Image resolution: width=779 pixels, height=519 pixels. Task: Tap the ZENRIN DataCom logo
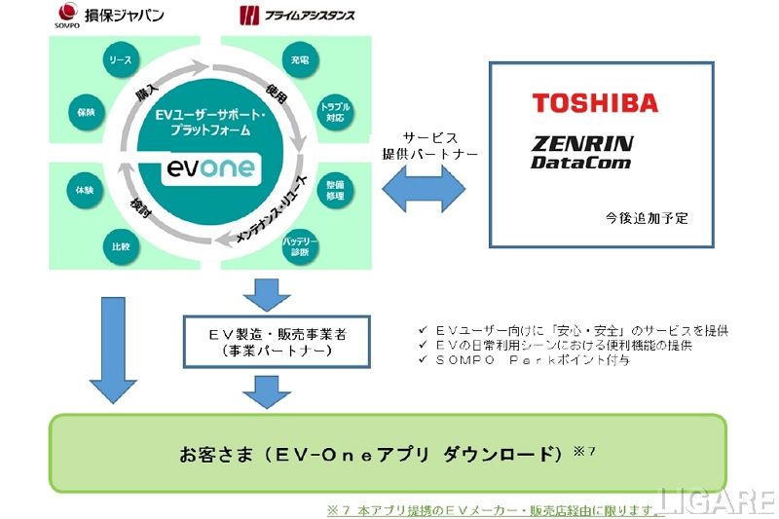click(581, 152)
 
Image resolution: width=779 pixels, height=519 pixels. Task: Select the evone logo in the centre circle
click(209, 167)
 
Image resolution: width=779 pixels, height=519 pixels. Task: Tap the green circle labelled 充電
click(299, 61)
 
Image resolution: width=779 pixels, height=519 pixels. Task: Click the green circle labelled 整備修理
click(336, 189)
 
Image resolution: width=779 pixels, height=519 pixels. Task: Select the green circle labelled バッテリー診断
click(300, 246)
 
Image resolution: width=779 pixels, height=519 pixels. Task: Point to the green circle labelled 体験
click(83, 189)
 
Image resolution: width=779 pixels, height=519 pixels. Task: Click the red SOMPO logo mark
click(68, 14)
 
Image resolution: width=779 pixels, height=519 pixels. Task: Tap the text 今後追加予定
click(647, 218)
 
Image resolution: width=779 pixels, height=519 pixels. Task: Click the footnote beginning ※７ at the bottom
click(497, 509)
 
